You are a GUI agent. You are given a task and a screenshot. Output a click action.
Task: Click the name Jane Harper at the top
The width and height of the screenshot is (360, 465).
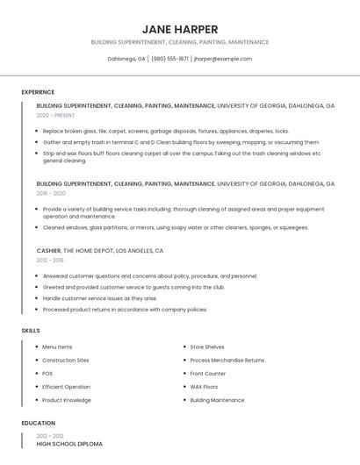tap(179, 29)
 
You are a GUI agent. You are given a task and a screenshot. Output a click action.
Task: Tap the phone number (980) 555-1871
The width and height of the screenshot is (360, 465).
tap(169, 59)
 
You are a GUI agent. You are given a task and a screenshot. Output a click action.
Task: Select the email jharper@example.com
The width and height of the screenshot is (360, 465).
tap(223, 59)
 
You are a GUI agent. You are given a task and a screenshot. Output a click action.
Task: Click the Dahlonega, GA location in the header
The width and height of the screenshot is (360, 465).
tap(126, 59)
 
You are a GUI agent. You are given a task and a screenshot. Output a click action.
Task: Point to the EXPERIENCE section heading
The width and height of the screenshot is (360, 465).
tap(38, 92)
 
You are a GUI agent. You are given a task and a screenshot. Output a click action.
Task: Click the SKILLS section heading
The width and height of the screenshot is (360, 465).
tap(31, 330)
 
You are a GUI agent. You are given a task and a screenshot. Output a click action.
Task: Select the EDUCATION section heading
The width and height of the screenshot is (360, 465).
tap(38, 423)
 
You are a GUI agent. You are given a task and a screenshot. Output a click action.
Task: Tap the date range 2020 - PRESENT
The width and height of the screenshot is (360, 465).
tap(55, 115)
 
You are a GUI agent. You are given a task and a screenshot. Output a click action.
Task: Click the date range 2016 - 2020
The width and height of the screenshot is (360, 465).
tap(51, 193)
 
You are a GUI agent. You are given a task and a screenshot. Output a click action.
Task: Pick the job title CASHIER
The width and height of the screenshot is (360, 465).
tap(49, 251)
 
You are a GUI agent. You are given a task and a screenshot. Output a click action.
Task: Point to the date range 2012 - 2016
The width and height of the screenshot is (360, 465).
tap(50, 260)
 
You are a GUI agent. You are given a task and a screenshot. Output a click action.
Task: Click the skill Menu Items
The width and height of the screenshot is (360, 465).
tap(57, 347)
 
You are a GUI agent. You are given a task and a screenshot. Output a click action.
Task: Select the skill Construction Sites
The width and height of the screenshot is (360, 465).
tap(65, 361)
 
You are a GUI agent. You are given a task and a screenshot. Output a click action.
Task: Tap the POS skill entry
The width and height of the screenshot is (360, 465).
tap(47, 374)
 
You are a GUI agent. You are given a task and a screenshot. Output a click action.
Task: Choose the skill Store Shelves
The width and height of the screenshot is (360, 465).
tap(207, 347)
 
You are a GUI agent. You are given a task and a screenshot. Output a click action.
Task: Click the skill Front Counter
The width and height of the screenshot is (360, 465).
tap(208, 374)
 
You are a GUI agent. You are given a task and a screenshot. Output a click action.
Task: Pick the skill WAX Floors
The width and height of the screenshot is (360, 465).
tap(204, 387)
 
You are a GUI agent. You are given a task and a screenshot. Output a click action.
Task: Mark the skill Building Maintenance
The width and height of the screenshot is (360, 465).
tap(217, 400)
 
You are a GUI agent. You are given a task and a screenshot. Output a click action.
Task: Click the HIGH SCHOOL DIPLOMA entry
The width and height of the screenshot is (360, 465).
tap(69, 444)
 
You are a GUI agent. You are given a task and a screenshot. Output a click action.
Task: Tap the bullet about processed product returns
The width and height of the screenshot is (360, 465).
tap(125, 310)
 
